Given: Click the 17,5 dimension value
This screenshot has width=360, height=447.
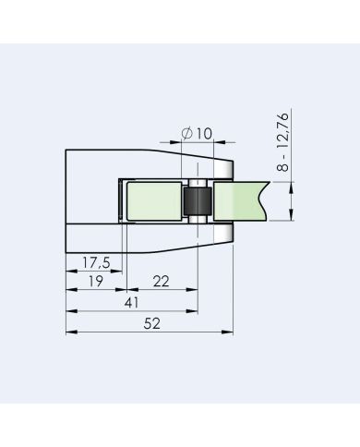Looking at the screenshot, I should (x=95, y=263).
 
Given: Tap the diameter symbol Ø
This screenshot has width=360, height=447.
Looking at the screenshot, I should (x=187, y=135).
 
